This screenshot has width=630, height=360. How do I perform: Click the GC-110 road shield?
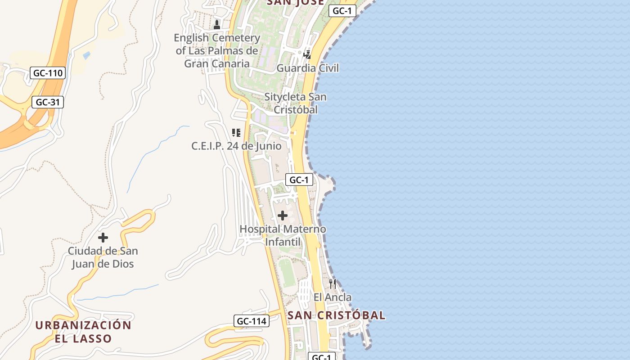point(48,73)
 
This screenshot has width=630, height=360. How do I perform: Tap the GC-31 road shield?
point(48,102)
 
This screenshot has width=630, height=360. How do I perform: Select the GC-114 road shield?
point(252,321)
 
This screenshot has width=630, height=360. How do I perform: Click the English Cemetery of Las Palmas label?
point(217,50)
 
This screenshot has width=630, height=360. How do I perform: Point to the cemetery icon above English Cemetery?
point(217,24)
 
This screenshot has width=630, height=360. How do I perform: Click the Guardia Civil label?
point(307,68)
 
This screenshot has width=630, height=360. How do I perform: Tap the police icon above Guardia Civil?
point(307,55)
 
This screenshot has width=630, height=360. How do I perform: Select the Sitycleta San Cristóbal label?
point(296,103)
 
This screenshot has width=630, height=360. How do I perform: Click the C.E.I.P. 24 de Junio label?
point(236,146)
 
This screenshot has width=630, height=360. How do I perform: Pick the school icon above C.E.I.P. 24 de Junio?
point(236,133)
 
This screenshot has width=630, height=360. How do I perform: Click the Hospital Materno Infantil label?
point(283,235)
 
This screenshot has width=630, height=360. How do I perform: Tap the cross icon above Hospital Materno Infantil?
point(283,216)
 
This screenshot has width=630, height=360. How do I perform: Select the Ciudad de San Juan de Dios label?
point(103,257)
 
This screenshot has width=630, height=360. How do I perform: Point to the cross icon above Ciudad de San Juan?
point(103,238)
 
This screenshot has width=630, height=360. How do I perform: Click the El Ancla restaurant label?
point(333,297)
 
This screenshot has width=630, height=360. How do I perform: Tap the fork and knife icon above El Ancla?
point(333,283)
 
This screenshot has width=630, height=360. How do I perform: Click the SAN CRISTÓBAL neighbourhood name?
point(336,315)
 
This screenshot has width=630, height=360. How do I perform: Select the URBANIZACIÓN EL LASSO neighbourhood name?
point(83,332)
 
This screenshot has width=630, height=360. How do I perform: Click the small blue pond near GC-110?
point(86,55)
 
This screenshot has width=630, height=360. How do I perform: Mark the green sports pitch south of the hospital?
point(287,273)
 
